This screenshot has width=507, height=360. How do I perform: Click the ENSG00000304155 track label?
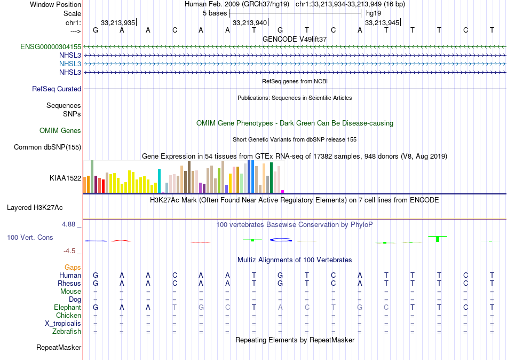click(x=51, y=47)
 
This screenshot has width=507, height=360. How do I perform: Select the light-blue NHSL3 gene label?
click(x=70, y=64)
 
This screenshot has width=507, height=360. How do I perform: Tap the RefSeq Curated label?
click(x=57, y=89)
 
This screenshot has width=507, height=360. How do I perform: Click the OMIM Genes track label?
click(x=60, y=131)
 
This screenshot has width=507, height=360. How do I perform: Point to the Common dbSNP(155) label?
click(x=47, y=147)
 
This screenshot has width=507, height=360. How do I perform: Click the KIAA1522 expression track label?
click(x=65, y=178)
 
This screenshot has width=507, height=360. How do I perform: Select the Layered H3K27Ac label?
click(x=44, y=207)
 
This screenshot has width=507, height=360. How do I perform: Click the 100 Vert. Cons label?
click(x=30, y=237)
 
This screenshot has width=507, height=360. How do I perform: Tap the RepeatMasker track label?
click(x=59, y=348)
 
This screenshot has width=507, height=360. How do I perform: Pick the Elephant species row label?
click(x=67, y=308)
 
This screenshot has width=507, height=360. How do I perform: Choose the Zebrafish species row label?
click(x=66, y=332)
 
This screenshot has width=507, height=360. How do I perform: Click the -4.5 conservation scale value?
click(x=70, y=251)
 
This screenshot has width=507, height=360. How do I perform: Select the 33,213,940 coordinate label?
click(x=249, y=23)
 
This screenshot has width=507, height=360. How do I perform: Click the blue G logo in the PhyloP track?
click(x=281, y=240)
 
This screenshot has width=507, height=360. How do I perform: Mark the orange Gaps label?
click(x=73, y=267)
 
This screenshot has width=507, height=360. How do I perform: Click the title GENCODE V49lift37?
click(x=295, y=39)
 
